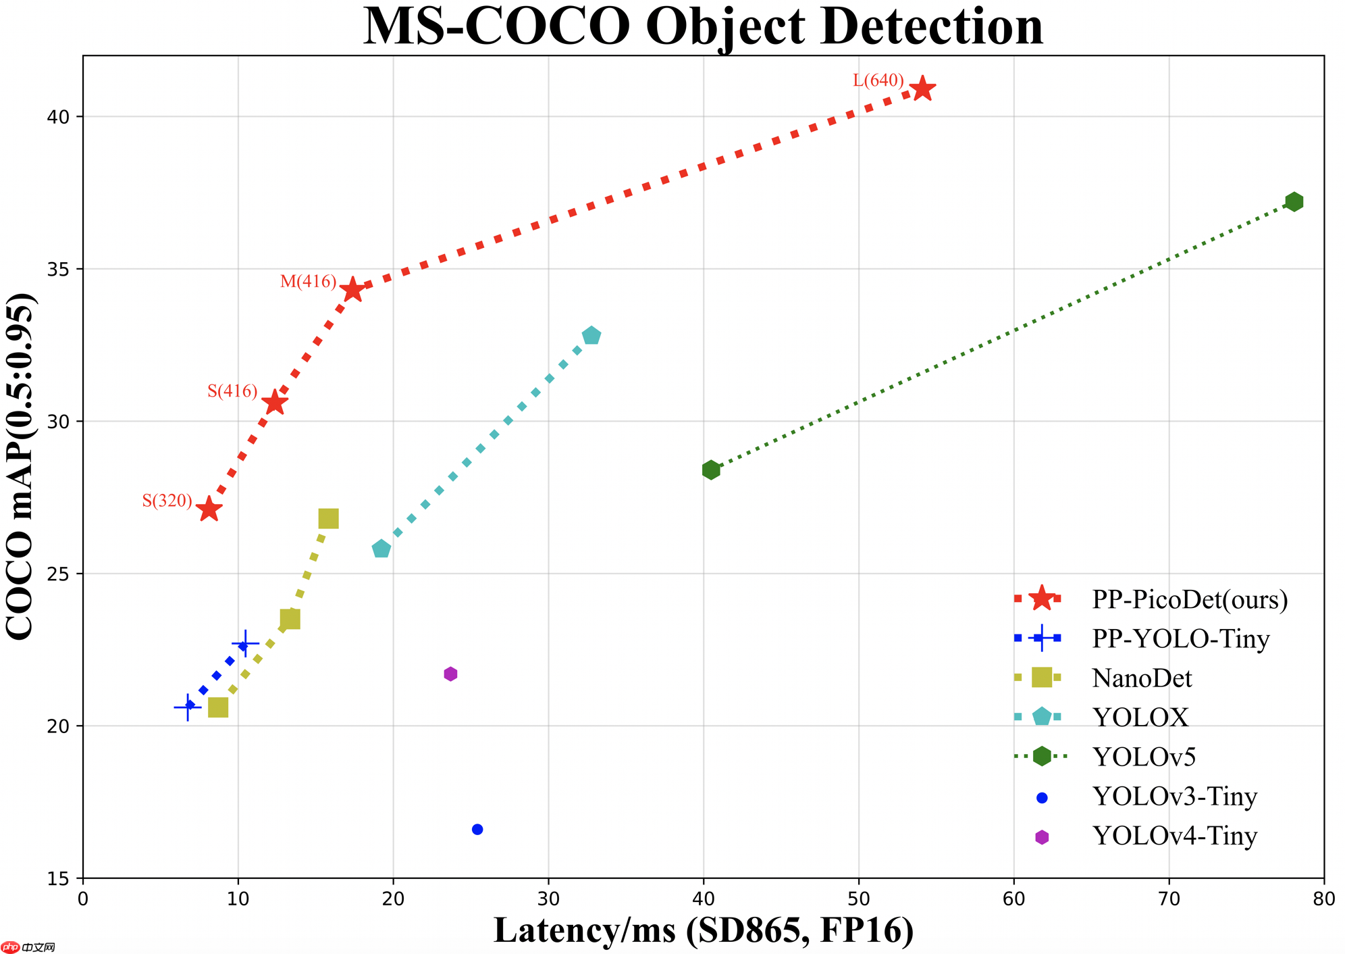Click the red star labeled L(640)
click(922, 89)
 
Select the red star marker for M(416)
click(352, 291)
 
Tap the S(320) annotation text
click(167, 501)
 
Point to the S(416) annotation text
click(232, 391)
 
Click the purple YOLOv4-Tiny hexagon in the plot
click(450, 674)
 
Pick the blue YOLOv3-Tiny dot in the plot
click(477, 829)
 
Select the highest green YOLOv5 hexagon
click(1294, 201)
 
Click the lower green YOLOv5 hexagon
click(710, 470)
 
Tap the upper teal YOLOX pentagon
click(591, 336)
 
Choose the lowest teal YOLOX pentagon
click(381, 549)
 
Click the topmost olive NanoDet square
click(328, 518)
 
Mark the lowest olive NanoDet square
click(218, 707)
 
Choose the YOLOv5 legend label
click(1144, 757)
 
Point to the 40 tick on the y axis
click(61, 116)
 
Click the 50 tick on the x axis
click(858, 899)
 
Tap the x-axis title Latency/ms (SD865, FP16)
click(704, 930)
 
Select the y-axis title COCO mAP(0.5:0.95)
click(20, 467)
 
